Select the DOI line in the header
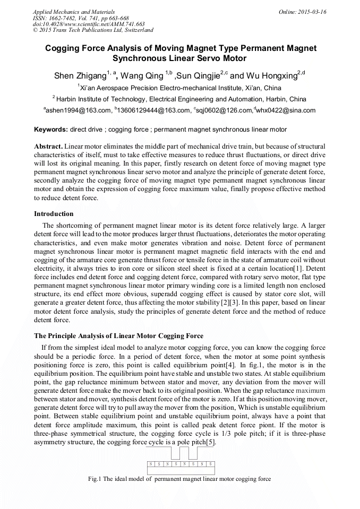[89, 24]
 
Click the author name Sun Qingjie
[201, 75]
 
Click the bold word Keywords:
[51, 130]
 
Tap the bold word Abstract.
[48, 146]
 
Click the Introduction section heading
[54, 214]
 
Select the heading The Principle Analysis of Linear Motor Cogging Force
[118, 336]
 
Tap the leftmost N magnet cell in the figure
[150, 464]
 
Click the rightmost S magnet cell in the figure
[210, 464]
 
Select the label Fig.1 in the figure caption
[97, 479]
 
